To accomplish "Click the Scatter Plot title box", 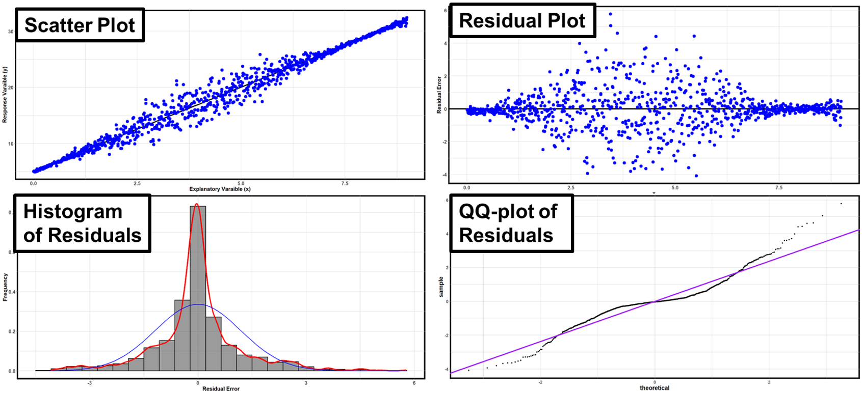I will [x=80, y=25].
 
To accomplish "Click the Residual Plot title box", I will [x=523, y=21].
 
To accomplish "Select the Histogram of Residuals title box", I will [x=82, y=223].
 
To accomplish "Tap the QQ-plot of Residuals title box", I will [x=511, y=223].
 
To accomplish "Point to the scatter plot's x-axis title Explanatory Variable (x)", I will [x=220, y=189].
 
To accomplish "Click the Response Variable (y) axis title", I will [x=5, y=95].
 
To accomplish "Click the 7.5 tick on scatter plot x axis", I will [x=345, y=183].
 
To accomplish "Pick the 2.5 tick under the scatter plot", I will [x=137, y=183].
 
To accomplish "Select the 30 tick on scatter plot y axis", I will [x=11, y=32].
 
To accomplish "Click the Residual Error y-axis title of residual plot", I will [x=439, y=95].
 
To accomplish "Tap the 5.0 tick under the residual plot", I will [x=675, y=188].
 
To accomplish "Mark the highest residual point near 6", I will [x=611, y=14].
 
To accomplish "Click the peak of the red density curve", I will [x=197, y=205].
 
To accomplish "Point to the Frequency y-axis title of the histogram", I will [x=5, y=287].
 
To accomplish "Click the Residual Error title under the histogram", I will [x=221, y=389].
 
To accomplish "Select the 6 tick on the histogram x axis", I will [x=414, y=383].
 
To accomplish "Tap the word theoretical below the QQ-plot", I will [x=655, y=388].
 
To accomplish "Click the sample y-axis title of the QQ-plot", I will [x=441, y=287].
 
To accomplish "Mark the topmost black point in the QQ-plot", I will [x=841, y=204].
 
